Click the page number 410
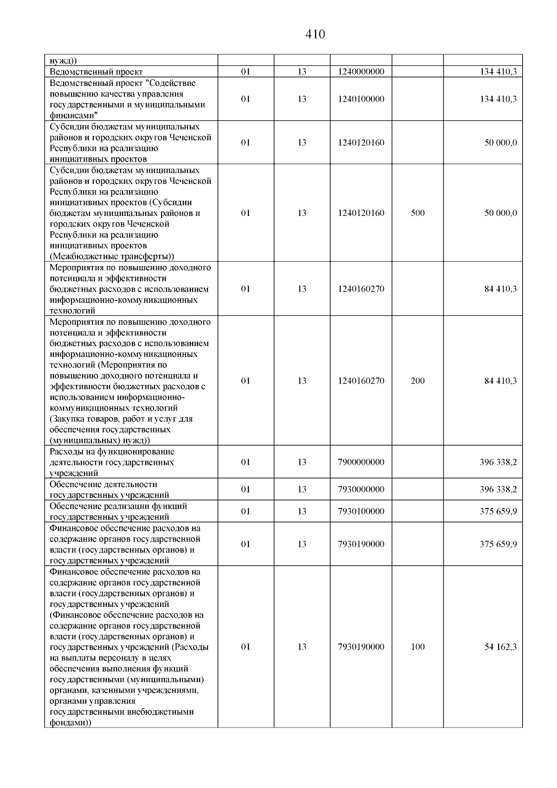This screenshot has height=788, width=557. click(x=315, y=34)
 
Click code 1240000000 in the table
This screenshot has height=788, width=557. click(x=361, y=72)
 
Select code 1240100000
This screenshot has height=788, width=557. click(x=361, y=99)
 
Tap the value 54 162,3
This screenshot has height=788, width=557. click(x=500, y=647)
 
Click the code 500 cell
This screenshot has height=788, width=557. click(x=418, y=213)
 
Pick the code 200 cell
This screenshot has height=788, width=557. click(x=418, y=381)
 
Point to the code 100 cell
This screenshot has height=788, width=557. click(x=418, y=647)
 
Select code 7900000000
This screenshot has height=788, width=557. click(x=361, y=462)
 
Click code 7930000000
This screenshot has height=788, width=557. click(x=361, y=489)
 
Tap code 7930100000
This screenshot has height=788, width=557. click(x=361, y=512)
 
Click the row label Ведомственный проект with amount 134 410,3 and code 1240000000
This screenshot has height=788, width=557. click(x=96, y=72)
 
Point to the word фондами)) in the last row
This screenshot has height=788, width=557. click(x=70, y=723)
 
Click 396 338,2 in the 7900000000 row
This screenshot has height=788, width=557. click(x=498, y=462)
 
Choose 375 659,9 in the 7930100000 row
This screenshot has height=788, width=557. click(x=498, y=512)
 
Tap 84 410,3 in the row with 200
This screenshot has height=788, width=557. click(x=500, y=381)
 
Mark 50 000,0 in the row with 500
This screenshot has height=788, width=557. click(x=500, y=213)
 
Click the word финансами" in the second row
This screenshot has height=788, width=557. click(x=71, y=116)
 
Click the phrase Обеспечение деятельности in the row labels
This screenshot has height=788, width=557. click(x=103, y=484)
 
